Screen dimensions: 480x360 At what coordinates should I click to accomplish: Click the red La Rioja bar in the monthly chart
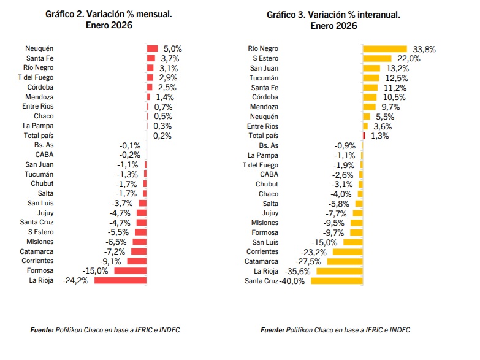tap(120, 280)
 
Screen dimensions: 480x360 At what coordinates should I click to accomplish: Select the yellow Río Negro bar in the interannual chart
tap(385, 49)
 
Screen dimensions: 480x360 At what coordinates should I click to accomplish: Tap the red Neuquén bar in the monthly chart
tap(152, 48)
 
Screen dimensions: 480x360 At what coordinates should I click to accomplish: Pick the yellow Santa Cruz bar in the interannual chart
tap(337, 281)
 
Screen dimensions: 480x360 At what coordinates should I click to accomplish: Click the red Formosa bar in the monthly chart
tap(131, 271)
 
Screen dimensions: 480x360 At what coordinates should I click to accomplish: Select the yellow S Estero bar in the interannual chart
tap(377, 58)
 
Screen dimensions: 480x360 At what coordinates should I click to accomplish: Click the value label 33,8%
tap(424, 49)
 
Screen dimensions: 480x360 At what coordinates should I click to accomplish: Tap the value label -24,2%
tap(75, 281)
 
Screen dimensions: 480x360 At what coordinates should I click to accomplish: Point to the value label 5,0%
tap(173, 48)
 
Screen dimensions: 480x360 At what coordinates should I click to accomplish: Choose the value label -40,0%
tap(292, 281)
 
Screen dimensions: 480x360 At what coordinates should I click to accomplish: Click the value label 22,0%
tap(409, 58)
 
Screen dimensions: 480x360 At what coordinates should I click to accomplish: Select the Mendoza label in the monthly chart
tap(39, 97)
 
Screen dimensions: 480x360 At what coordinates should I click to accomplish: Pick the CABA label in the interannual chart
tap(269, 174)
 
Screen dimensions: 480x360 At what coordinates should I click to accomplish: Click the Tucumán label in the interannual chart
tap(264, 78)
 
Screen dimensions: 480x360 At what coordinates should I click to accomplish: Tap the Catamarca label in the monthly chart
tap(36, 251)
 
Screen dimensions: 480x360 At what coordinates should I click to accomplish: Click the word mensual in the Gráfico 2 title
tap(154, 14)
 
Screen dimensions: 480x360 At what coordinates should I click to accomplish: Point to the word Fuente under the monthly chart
tap(42, 330)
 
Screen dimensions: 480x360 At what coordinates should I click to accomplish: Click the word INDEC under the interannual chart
tap(400, 330)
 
